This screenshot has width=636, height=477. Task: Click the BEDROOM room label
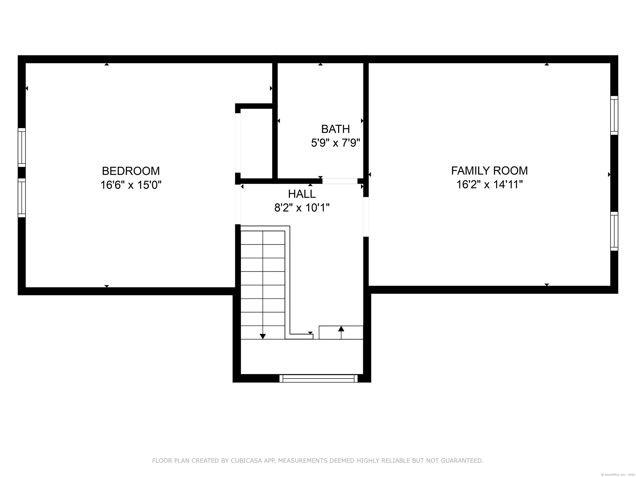(131, 171)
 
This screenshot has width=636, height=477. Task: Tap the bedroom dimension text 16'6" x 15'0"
(131, 185)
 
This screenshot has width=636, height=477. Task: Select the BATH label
(336, 129)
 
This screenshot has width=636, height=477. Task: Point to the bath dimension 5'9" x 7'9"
(336, 143)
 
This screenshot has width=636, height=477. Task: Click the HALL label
(302, 194)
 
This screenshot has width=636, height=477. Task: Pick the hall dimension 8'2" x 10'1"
(302, 207)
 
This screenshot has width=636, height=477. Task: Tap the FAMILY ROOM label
(489, 171)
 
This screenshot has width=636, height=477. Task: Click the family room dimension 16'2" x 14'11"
(489, 184)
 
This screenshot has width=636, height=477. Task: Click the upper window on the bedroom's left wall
(22, 147)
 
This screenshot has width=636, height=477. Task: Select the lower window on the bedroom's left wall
(22, 198)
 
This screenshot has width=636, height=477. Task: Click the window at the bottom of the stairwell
(319, 378)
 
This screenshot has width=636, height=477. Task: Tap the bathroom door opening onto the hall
(340, 181)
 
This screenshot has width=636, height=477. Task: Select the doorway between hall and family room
(366, 217)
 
